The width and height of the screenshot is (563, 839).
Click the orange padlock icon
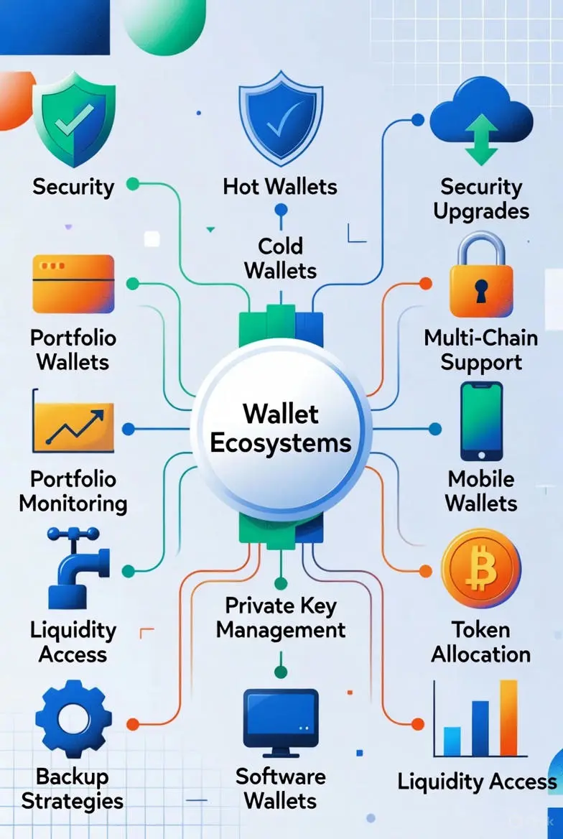coord(480,280)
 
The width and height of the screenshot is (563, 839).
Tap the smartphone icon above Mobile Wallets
coord(481,422)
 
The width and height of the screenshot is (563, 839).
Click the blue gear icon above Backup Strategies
coord(73,719)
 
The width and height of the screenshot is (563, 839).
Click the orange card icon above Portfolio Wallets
coord(73,284)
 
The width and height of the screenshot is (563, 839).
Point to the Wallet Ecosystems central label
coord(280,428)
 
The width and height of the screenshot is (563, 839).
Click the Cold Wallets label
coord(280,259)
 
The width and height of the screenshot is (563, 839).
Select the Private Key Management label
coord(281,618)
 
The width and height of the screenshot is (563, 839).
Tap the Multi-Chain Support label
coord(480,350)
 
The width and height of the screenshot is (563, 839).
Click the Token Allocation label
coord(480,641)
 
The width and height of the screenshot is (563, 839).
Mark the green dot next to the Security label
coord(132,184)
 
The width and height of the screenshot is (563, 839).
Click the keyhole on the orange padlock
coord(480,289)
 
